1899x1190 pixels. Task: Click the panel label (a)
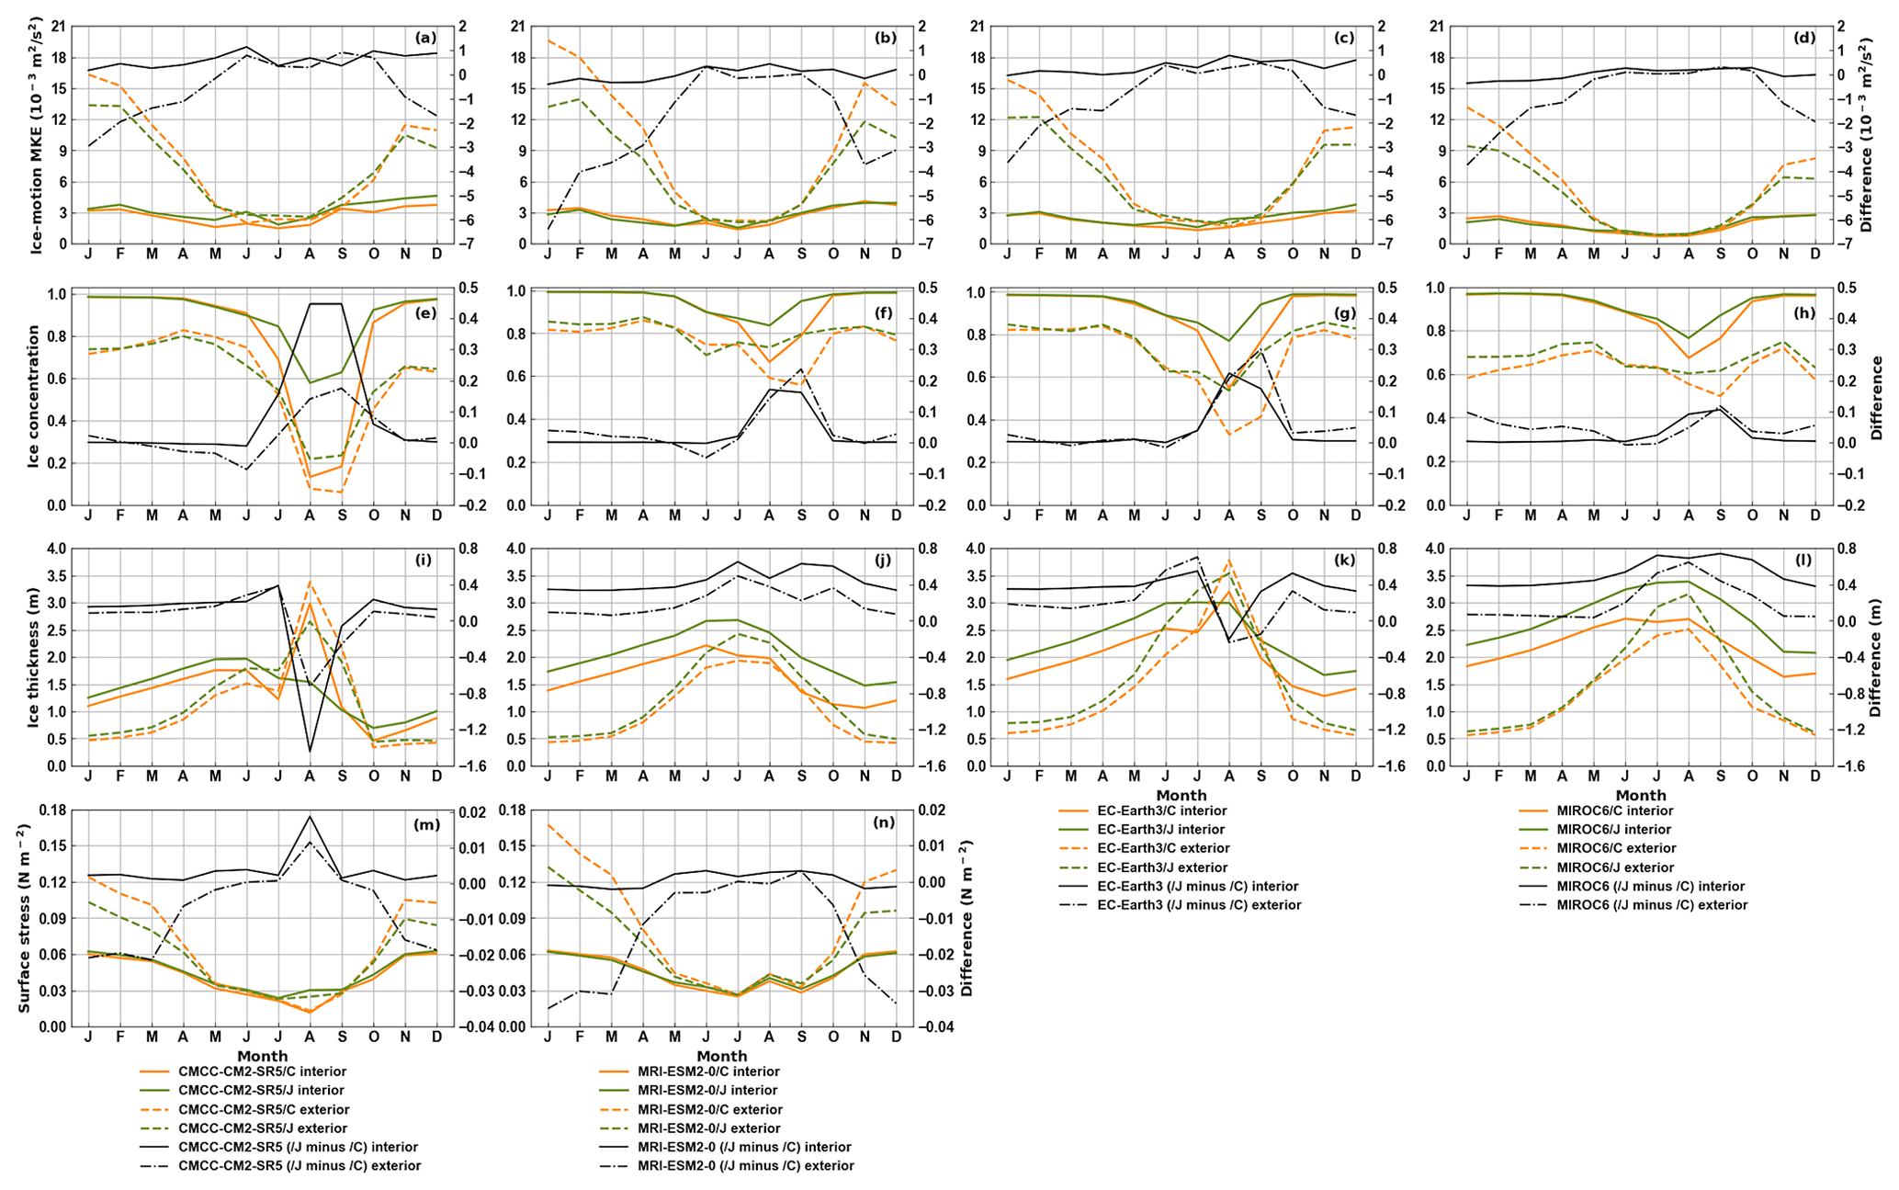click(424, 39)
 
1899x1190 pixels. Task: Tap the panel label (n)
click(884, 823)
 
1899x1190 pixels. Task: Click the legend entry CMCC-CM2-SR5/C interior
click(243, 1071)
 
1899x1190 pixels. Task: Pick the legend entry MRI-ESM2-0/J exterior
click(701, 1128)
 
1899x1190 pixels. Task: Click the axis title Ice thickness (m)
click(34, 657)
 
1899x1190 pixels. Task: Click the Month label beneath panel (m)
click(263, 1056)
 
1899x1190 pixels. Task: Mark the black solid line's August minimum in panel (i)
click(311, 752)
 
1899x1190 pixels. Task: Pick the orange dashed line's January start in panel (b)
click(548, 40)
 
